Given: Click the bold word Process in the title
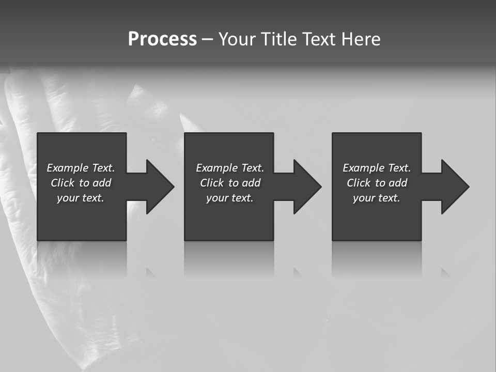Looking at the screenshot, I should click(x=162, y=39).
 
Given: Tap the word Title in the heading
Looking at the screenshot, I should click(x=279, y=39).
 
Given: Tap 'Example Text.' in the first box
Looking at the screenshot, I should click(x=81, y=168).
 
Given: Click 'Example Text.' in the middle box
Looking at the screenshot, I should click(x=230, y=168).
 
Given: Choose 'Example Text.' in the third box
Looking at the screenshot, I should click(x=377, y=168).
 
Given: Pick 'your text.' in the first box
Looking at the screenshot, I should click(x=81, y=198).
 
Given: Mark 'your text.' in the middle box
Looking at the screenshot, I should click(x=230, y=198).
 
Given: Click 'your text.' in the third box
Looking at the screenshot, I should click(x=377, y=198).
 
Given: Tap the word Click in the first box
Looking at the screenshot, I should click(x=63, y=183).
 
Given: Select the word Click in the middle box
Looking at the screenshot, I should click(x=212, y=183).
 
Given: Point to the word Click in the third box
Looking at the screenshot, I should click(x=359, y=183).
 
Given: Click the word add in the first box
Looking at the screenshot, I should click(x=102, y=183).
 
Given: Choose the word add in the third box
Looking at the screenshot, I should click(x=398, y=183).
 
